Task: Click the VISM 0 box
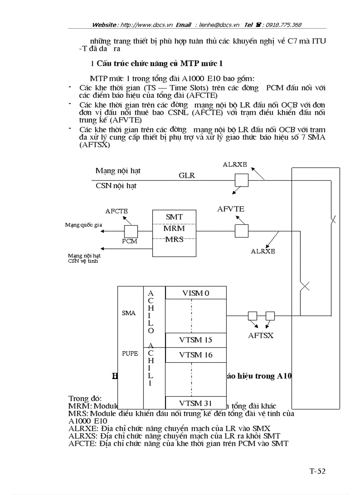[195, 293]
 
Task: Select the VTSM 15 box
[195, 340]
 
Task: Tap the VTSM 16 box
[195, 354]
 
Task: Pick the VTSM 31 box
[195, 403]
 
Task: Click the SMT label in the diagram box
[174, 217]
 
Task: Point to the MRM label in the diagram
[174, 228]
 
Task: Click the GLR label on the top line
[187, 175]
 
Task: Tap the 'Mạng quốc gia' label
[83, 225]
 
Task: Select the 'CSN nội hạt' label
[116, 186]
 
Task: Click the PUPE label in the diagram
[130, 354]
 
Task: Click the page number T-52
[317, 472]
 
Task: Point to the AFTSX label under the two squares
[260, 335]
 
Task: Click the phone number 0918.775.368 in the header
[282, 25]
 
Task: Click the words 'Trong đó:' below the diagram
[85, 398]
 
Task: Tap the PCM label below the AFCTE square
[129, 241]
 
